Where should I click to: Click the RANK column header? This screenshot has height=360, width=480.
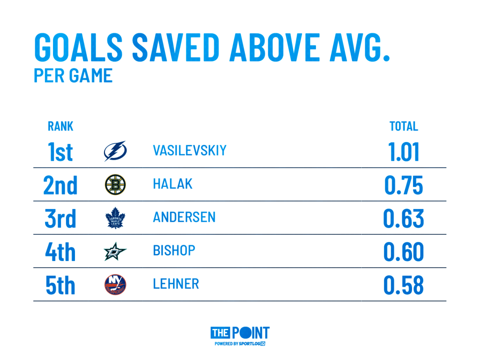coord(60,127)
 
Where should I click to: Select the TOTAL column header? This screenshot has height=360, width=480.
coord(404,127)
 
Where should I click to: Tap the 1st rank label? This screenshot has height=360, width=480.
coord(60,152)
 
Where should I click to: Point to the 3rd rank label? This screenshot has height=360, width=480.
coord(60,218)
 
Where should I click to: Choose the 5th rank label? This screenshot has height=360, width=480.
coord(60,285)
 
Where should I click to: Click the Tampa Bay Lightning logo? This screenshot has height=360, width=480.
coord(115,151)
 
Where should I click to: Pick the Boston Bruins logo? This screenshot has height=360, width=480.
coord(115,184)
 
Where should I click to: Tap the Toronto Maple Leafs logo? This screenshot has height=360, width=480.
coord(115,218)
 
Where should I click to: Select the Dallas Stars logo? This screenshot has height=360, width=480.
coord(115,251)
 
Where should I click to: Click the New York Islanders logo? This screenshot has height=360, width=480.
coord(115,285)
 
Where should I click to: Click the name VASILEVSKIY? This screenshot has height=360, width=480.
coord(189,150)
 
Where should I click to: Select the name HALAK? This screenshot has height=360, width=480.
coord(172,184)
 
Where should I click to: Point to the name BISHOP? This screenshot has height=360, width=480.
coord(174,250)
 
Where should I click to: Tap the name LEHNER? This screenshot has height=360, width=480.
coord(176,284)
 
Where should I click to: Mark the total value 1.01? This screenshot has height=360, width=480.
coord(404,152)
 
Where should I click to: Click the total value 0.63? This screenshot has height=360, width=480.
coord(404,218)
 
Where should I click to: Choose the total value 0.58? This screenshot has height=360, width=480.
coord(404,285)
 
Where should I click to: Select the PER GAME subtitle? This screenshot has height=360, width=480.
coord(73,76)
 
